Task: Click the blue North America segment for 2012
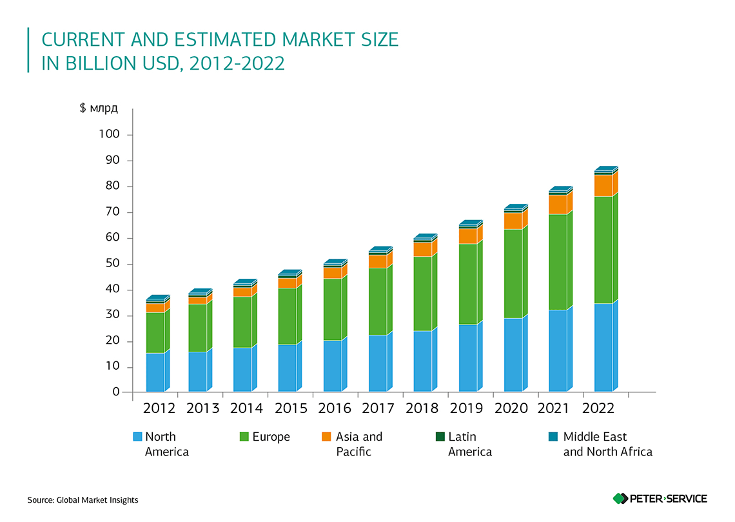pos(155,372)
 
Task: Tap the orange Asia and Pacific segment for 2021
pos(558,205)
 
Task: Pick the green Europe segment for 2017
pos(378,301)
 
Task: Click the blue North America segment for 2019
pos(468,358)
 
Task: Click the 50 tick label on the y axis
pos(112,264)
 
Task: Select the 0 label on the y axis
pos(117,392)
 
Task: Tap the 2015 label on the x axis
pos(291,408)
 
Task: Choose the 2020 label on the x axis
pos(511,408)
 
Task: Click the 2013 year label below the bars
pos(202,408)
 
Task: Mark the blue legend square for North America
pos(137,437)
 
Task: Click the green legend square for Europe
pos(244,437)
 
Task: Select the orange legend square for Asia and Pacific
pos(326,437)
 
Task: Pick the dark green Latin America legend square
pos(440,437)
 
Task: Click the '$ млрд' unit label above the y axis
pos(98,108)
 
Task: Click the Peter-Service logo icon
pos(620,498)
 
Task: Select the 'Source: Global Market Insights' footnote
pos(83,500)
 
